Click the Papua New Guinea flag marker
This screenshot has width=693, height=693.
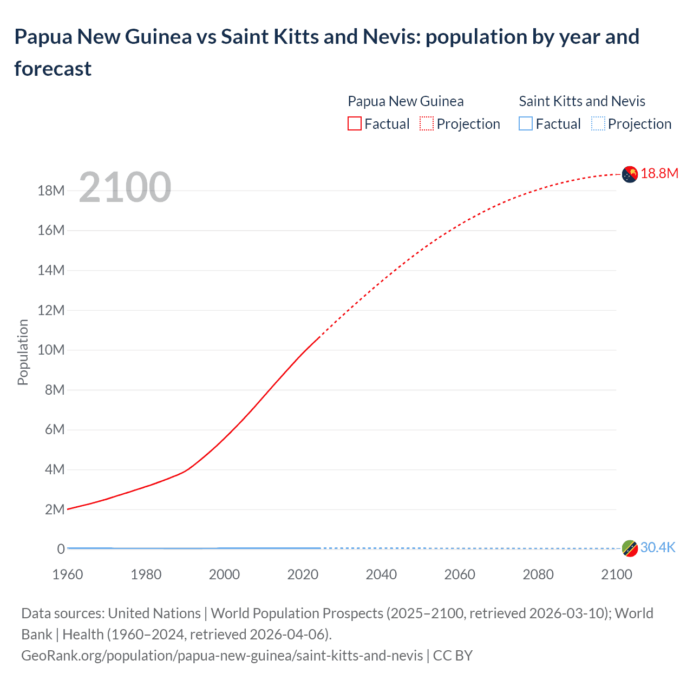[x=630, y=174]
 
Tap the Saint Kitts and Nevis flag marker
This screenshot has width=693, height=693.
[x=630, y=548]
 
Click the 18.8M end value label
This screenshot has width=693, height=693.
[x=659, y=173]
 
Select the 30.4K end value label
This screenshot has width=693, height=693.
[x=658, y=548]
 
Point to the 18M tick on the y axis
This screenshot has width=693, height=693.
[x=51, y=191]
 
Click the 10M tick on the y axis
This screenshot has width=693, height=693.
[x=51, y=350]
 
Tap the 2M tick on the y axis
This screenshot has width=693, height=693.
[x=55, y=509]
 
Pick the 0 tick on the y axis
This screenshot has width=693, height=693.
[x=61, y=549]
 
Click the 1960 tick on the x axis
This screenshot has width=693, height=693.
[x=68, y=574]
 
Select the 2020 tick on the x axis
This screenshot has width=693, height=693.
[x=303, y=574]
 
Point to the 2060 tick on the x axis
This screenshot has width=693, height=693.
[x=460, y=574]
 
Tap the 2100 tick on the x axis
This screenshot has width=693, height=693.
[x=616, y=574]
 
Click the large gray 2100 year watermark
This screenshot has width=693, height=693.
[x=125, y=187]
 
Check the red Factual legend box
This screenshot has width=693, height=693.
[x=355, y=124]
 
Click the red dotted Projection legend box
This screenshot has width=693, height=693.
[x=427, y=124]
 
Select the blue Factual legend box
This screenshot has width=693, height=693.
[x=526, y=124]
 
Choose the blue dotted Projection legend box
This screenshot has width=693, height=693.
[x=598, y=124]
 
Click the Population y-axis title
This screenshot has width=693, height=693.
[x=23, y=352]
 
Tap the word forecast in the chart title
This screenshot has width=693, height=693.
[x=53, y=69]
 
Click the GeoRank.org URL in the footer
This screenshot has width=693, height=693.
[x=222, y=656]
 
